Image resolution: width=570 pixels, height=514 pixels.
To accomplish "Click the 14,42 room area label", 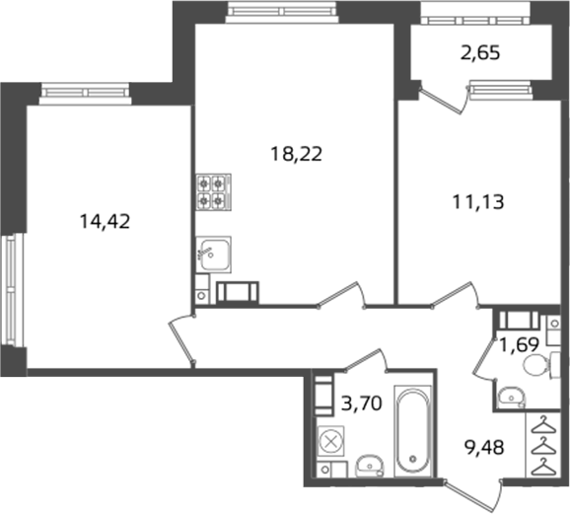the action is point(105,221).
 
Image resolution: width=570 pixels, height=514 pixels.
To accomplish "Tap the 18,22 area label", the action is point(296,154).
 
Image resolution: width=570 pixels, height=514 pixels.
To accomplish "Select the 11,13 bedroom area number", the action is point(478,202).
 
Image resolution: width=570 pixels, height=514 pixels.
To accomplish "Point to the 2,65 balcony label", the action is point(480,52).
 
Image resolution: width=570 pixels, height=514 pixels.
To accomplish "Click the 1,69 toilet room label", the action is point(519,344).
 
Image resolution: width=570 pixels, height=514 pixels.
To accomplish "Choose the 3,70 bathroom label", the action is point(362,404).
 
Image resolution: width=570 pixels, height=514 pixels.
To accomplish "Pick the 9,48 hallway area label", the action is point(484,447).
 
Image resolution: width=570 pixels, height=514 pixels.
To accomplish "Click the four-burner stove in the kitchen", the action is point(214,191).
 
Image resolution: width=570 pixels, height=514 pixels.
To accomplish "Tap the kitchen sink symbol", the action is point(213,255).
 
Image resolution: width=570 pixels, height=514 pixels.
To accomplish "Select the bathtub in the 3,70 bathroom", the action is point(412,431).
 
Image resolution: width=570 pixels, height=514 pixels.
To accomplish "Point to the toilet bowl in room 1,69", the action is point(537,365).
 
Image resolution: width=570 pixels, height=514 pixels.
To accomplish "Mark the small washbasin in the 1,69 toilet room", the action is point(511,397).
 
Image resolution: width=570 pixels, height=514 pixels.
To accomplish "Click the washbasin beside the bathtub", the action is point(369,466).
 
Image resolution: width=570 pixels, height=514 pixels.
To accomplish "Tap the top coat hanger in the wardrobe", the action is point(543,425).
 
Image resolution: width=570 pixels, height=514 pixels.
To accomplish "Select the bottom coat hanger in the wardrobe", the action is point(543,467).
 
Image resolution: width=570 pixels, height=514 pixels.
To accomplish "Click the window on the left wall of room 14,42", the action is point(12,289).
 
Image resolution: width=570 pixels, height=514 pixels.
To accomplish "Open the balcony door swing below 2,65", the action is point(444,97).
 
